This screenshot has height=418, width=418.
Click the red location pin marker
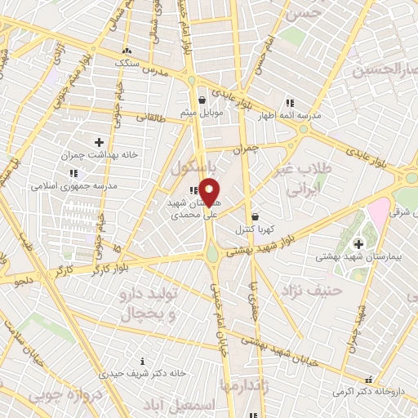tap(210, 192)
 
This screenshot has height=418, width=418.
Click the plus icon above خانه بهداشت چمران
tap(100, 142)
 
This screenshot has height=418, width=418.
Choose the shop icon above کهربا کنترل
tap(256, 217)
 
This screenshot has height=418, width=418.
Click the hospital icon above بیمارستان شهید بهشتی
tap(357, 243)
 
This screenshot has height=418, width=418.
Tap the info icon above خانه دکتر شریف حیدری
tap(143, 361)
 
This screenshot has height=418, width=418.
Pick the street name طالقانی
tap(150, 118)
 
